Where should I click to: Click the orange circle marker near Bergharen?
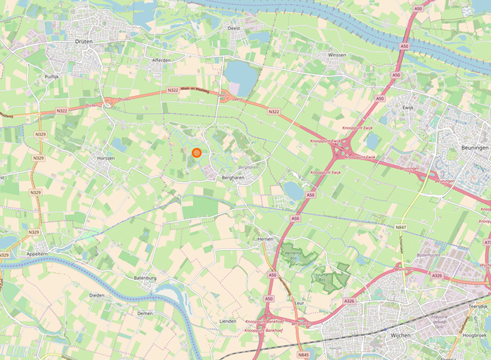[x=197, y=152]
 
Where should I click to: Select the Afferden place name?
[x=162, y=60]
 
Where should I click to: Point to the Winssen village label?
[x=336, y=54]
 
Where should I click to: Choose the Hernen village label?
[x=264, y=240]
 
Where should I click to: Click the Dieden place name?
[x=96, y=295]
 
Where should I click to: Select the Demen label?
[x=145, y=313]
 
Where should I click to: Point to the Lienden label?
[x=228, y=321]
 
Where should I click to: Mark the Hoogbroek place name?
[x=475, y=335]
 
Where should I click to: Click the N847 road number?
[x=400, y=227]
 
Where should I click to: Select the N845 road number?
[x=303, y=355]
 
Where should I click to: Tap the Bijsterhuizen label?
[x=427, y=255]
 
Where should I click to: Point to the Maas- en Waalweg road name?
[x=195, y=89]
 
